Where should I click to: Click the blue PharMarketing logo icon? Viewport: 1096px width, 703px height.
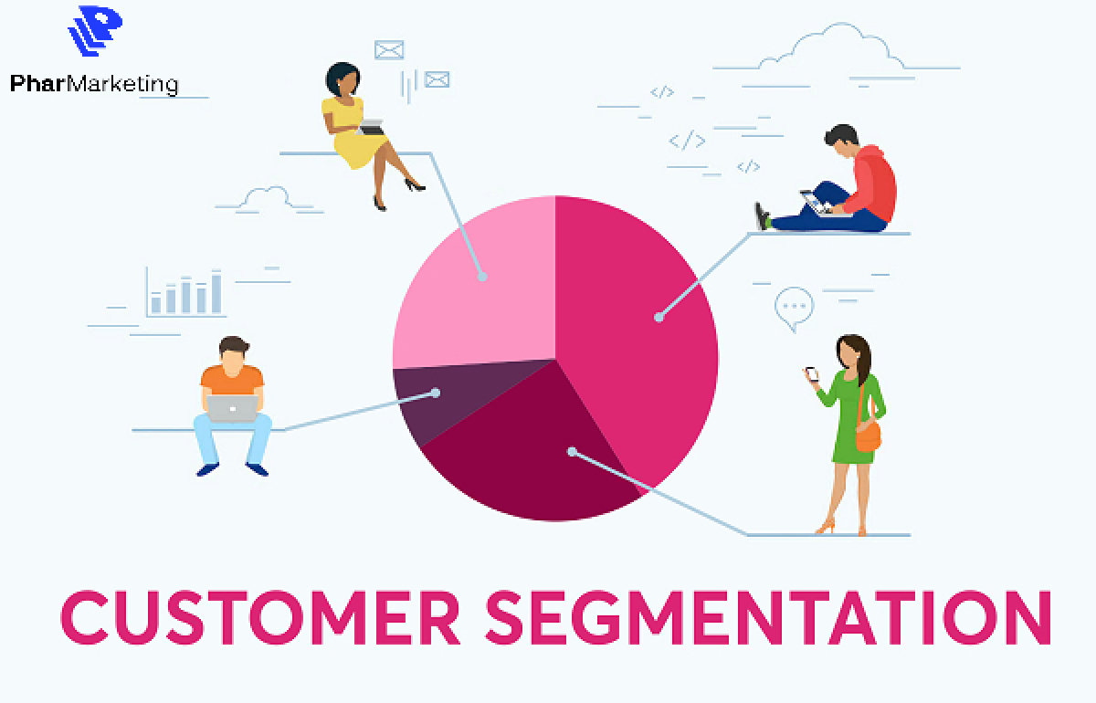tap(95, 30)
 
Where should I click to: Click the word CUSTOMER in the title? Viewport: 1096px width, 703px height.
tap(260, 617)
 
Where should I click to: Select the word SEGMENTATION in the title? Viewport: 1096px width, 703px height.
tap(769, 617)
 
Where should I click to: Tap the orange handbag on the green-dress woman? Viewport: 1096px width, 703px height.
tap(869, 435)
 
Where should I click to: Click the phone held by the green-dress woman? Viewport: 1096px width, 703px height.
tap(812, 374)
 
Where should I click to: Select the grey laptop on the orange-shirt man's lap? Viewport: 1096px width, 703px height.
tap(232, 408)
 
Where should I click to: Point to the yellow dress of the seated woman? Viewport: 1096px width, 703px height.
tap(353, 132)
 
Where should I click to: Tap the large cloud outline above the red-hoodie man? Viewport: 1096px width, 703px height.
tap(832, 47)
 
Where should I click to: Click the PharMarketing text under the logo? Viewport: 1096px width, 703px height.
tap(94, 84)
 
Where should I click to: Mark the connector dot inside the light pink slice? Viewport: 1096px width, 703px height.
tap(482, 277)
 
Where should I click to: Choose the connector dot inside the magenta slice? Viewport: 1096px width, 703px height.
tap(659, 318)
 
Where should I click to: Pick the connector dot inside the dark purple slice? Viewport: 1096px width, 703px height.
tap(435, 393)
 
